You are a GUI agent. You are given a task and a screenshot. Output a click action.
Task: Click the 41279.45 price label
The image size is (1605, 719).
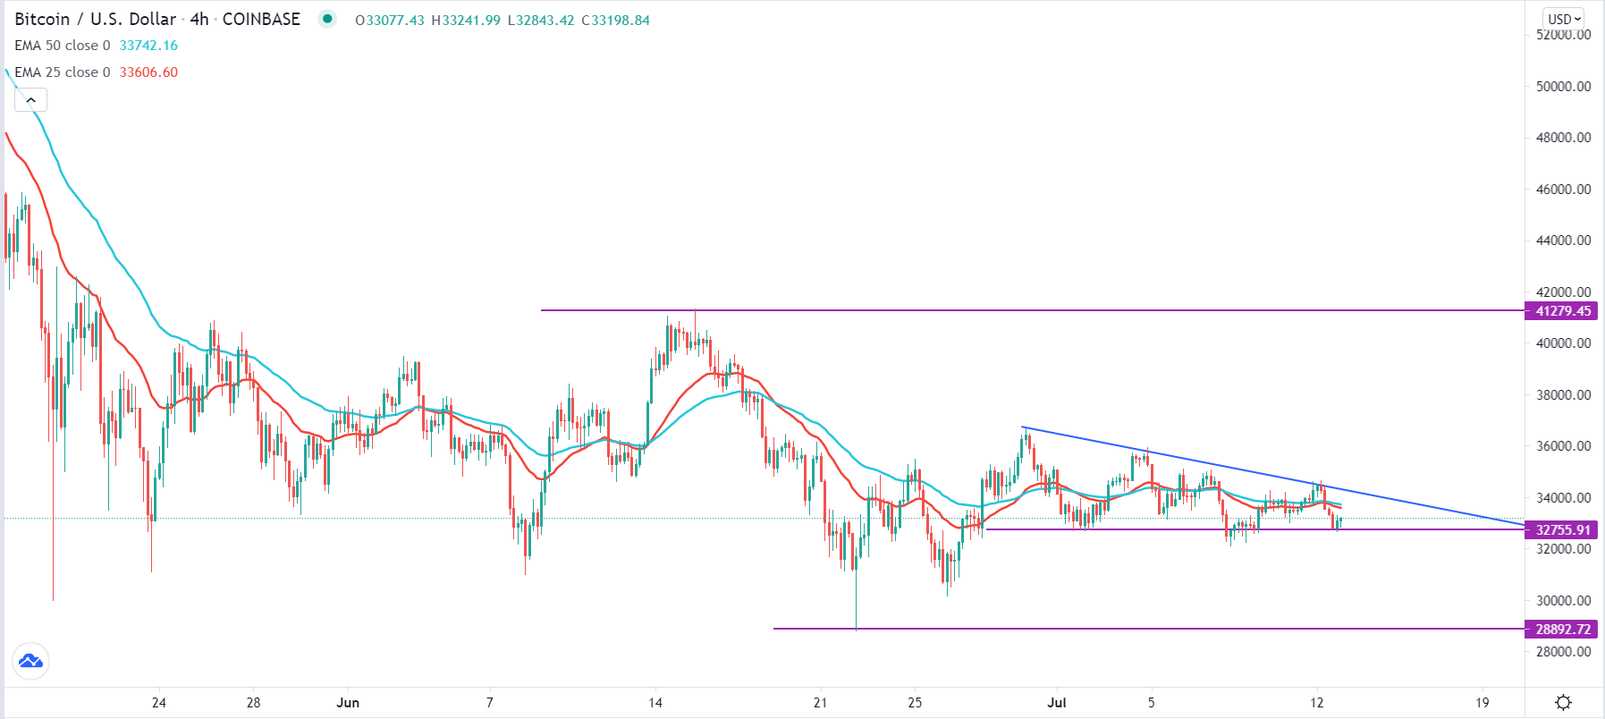coord(1562,311)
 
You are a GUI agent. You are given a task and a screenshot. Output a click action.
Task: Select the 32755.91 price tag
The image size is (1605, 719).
coord(1562,529)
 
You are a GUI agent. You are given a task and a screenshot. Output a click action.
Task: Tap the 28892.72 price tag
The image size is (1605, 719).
coord(1562,629)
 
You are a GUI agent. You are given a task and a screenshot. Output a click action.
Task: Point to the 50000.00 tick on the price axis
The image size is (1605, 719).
coord(1563,87)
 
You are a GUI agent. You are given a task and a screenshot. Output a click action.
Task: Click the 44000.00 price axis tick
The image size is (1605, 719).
coord(1563,241)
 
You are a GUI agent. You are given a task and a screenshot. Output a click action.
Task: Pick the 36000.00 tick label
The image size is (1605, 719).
coord(1563,446)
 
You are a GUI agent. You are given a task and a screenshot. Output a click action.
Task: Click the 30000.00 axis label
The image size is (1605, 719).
coord(1563,601)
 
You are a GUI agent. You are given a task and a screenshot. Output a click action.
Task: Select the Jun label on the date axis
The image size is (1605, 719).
coord(348,703)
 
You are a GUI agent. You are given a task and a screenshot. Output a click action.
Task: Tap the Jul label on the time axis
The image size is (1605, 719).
coord(1057,703)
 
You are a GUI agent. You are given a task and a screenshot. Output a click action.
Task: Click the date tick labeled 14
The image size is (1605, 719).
coord(655,703)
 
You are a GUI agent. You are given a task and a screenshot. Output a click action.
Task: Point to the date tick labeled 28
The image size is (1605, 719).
coord(253,703)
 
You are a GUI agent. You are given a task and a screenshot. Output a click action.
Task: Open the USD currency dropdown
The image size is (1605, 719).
coord(1564,19)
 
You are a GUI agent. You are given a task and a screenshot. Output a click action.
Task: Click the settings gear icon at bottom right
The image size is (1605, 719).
coord(1563,703)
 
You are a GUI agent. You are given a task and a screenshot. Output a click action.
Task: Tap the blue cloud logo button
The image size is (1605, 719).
coord(30,662)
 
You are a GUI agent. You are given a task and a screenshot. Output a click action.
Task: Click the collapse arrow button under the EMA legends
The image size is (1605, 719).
coord(30,100)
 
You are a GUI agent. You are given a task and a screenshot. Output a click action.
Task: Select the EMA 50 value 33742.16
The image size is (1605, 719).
coord(148,46)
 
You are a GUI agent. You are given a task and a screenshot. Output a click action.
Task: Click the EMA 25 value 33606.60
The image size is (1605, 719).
coord(148,72)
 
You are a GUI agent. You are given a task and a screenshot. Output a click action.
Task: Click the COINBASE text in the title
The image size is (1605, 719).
coord(261,20)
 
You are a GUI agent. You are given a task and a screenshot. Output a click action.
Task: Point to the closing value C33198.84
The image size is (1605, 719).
coord(616,20)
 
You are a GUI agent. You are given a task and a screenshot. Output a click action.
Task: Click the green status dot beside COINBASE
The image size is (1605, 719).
coord(327,19)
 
